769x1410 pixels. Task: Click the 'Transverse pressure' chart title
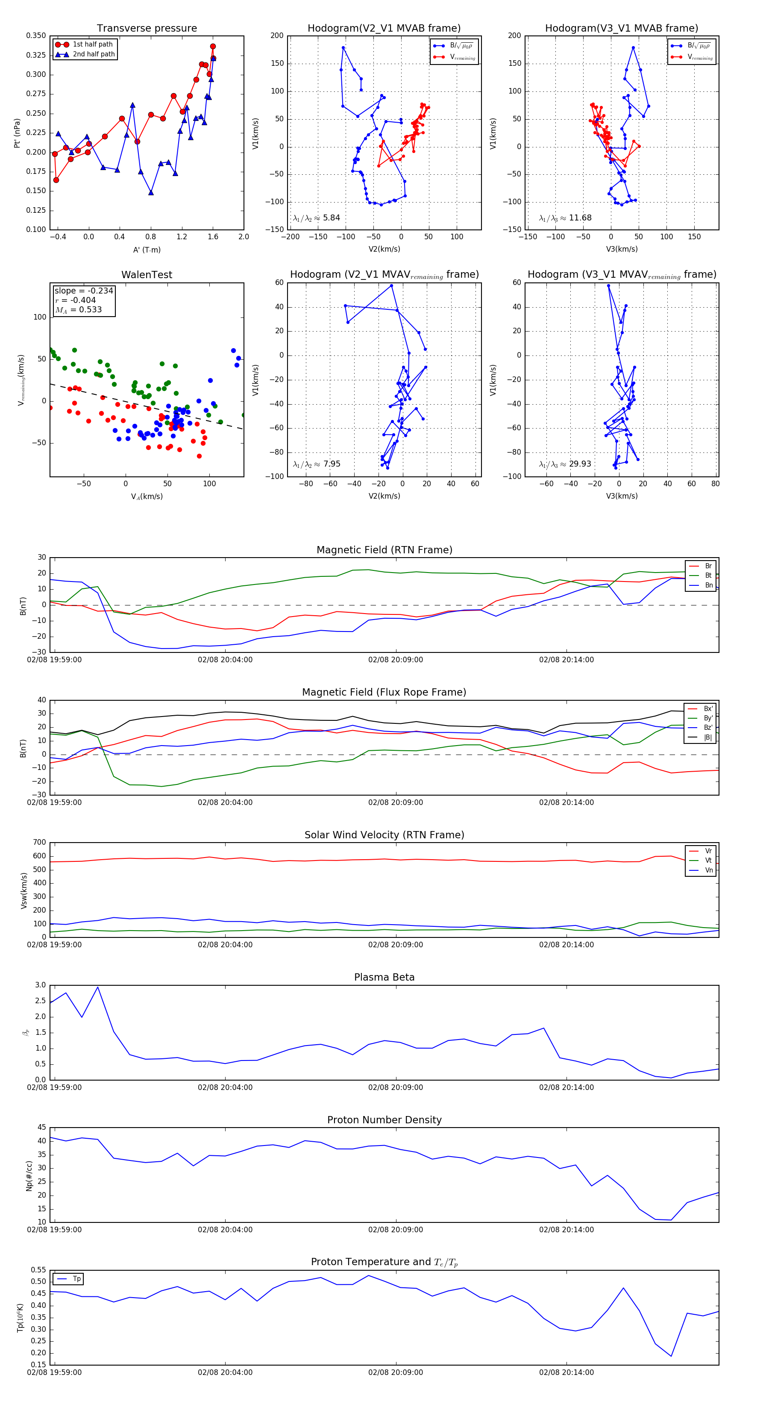pyautogui.click(x=147, y=29)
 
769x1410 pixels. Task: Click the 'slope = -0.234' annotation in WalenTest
pyautogui.click(x=84, y=291)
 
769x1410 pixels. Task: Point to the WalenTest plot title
pyautogui.click(x=147, y=275)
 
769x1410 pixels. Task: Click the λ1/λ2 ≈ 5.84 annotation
pyautogui.click(x=316, y=218)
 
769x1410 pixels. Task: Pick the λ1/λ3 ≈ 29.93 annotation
pyautogui.click(x=565, y=464)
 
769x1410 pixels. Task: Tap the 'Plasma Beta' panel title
pyautogui.click(x=384, y=978)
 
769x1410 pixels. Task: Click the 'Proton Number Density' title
pyautogui.click(x=384, y=1120)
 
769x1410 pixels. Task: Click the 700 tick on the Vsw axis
pyautogui.click(x=39, y=843)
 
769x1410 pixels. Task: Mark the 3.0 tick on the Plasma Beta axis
pyautogui.click(x=41, y=985)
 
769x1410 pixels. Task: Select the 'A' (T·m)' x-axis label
pyautogui.click(x=147, y=250)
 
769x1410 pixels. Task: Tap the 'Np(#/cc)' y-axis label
pyautogui.click(x=29, y=1176)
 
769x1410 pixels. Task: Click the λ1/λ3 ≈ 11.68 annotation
pyautogui.click(x=565, y=218)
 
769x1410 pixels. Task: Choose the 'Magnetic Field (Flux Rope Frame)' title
pyautogui.click(x=384, y=693)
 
